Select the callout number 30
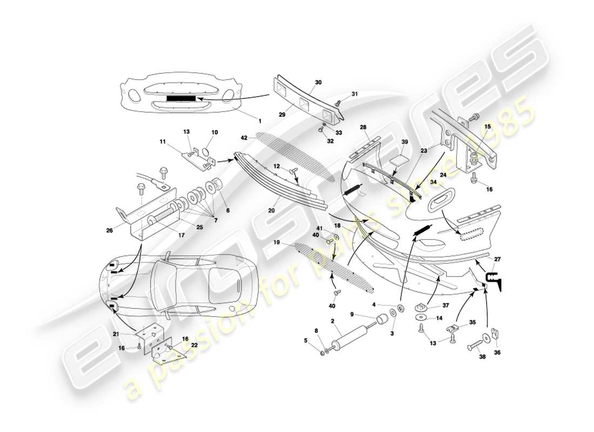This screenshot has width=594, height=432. pyautogui.click(x=318, y=82)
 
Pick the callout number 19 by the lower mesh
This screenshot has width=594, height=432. pyautogui.click(x=291, y=242)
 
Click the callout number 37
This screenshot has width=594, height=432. pyautogui.click(x=446, y=305)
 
